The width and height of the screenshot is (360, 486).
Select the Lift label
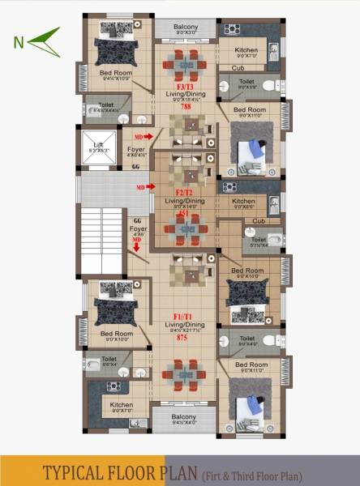click(x=97, y=145)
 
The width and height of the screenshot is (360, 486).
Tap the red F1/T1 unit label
click(x=186, y=313)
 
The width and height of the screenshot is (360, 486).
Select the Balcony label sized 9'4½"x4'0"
click(x=185, y=419)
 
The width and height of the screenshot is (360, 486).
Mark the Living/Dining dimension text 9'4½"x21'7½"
click(x=186, y=330)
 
